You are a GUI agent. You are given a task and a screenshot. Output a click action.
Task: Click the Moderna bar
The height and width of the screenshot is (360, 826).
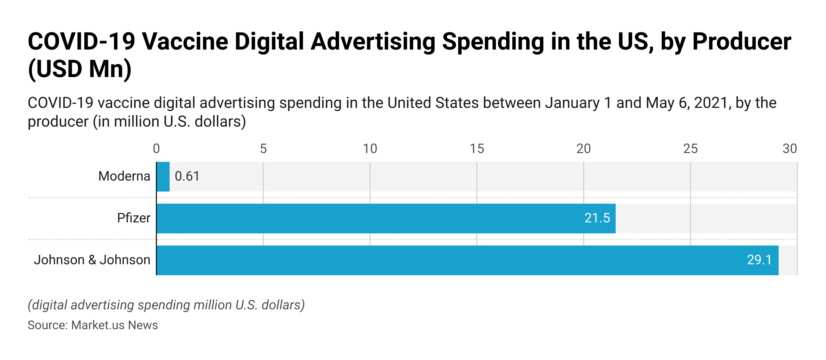(x=163, y=177)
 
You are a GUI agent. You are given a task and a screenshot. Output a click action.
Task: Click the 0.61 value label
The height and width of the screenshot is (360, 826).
(x=187, y=176)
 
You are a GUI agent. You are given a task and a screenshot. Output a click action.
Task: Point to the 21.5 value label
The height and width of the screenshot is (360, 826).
(x=597, y=218)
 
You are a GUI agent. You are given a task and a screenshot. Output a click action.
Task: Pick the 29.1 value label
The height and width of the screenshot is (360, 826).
(x=759, y=260)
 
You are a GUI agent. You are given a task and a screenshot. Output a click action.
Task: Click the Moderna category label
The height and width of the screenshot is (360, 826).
(x=124, y=176)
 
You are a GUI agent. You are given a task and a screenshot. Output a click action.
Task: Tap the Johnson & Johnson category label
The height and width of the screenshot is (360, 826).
(x=92, y=260)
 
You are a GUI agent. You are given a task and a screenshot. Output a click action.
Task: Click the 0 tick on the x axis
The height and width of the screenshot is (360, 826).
(x=156, y=149)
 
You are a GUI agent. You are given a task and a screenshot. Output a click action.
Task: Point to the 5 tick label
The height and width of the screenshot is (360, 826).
(x=263, y=149)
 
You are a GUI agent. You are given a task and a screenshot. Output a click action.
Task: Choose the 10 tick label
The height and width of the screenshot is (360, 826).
(x=370, y=149)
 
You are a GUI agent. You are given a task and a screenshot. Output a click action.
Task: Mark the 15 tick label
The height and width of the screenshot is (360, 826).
(x=477, y=149)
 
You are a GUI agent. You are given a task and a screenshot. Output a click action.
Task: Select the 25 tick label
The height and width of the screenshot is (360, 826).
(x=690, y=149)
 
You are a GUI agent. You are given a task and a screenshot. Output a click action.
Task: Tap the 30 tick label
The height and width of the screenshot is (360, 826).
(x=789, y=149)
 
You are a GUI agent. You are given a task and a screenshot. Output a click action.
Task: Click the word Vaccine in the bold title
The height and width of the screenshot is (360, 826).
(x=185, y=42)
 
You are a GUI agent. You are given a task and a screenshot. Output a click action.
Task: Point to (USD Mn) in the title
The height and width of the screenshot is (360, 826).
(x=80, y=69)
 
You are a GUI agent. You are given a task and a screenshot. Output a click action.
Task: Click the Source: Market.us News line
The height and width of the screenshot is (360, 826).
(x=93, y=325)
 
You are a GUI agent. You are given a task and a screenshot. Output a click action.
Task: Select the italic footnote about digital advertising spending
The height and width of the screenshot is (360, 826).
(x=166, y=305)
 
